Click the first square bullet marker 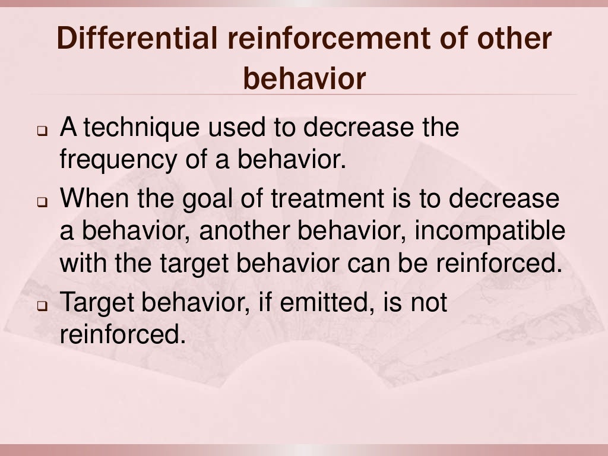point(43,130)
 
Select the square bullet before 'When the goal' point(43,202)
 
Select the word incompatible point(490,231)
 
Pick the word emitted point(321,303)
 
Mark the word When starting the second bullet point(95,199)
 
